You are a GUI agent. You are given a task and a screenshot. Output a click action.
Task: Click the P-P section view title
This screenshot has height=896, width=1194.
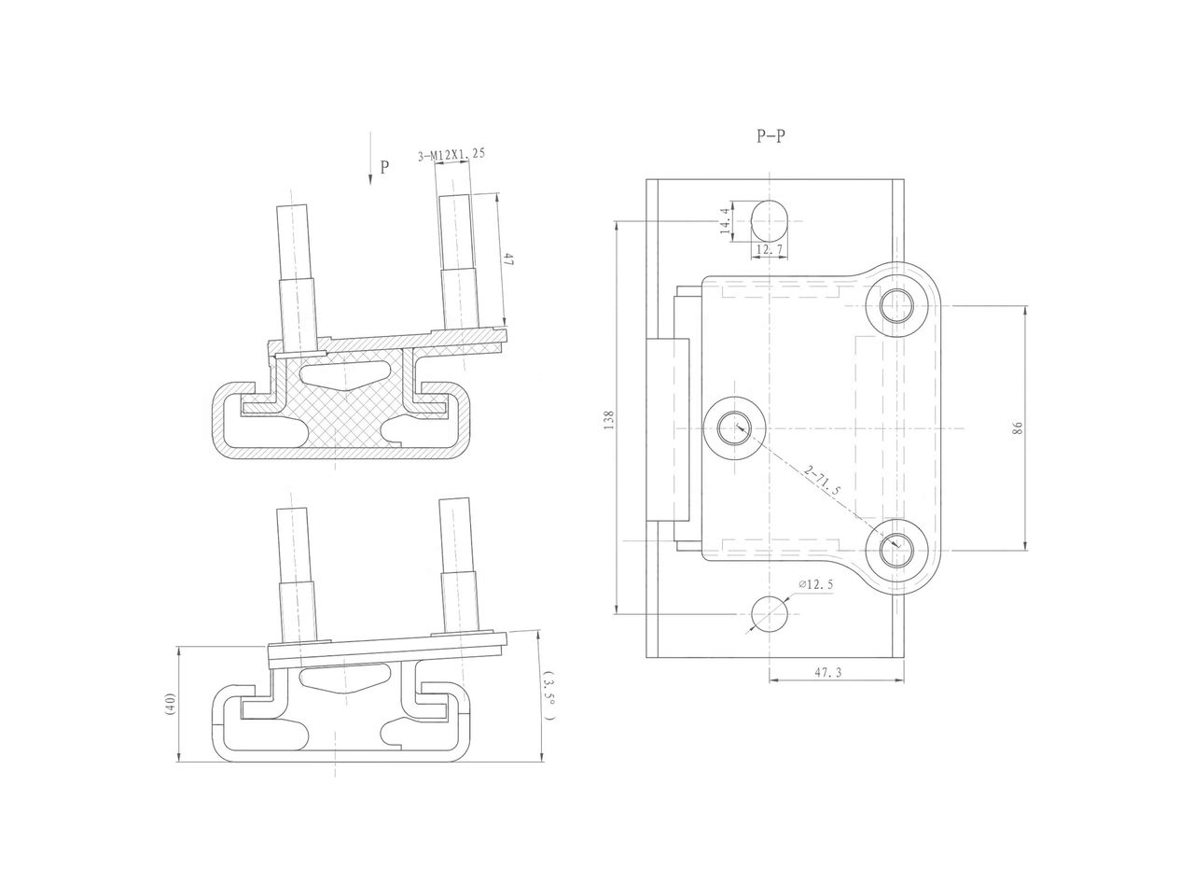click(x=771, y=136)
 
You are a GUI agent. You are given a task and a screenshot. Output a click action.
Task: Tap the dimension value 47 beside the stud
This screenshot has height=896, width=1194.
click(x=509, y=260)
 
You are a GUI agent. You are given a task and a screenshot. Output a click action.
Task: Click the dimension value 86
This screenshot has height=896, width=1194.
click(x=1018, y=427)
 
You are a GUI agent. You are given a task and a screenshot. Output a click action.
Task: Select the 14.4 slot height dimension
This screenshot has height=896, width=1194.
click(x=725, y=222)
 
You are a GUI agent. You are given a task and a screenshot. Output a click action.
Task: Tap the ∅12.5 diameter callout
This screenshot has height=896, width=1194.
click(x=815, y=585)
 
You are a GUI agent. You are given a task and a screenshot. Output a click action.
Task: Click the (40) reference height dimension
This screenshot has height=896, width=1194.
click(x=170, y=704)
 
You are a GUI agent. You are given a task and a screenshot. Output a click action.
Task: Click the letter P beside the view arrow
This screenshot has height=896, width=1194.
click(x=384, y=168)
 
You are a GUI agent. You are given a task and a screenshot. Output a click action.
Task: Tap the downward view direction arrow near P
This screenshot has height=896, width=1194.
click(x=369, y=171)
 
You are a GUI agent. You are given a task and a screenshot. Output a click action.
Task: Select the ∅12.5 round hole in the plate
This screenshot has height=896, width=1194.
click(x=769, y=613)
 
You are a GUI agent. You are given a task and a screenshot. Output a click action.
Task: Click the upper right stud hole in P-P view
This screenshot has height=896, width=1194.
click(x=897, y=305)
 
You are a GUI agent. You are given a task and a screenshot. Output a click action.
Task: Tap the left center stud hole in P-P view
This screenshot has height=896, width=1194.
click(x=736, y=427)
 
